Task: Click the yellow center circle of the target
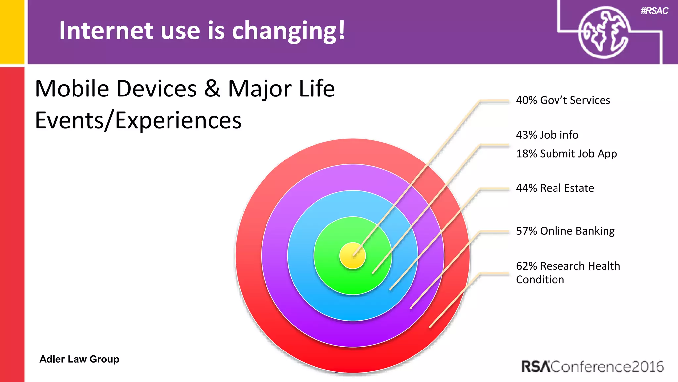pyautogui.click(x=353, y=256)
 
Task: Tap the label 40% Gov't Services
pyautogui.click(x=563, y=100)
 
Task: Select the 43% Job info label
pyautogui.click(x=547, y=135)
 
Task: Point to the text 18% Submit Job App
pyautogui.click(x=566, y=154)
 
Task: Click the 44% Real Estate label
pyautogui.click(x=555, y=188)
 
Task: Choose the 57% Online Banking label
pyautogui.click(x=565, y=231)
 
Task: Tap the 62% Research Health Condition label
pyautogui.click(x=568, y=273)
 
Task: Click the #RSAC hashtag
pyautogui.click(x=654, y=11)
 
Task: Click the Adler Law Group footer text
pyautogui.click(x=79, y=359)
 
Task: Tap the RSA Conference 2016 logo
pyautogui.click(x=592, y=367)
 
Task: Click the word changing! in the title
pyautogui.click(x=288, y=31)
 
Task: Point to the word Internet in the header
pyautogui.click(x=106, y=31)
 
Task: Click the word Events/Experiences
pyautogui.click(x=138, y=120)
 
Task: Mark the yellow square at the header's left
pyautogui.click(x=12, y=32)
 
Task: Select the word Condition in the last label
pyautogui.click(x=540, y=280)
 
